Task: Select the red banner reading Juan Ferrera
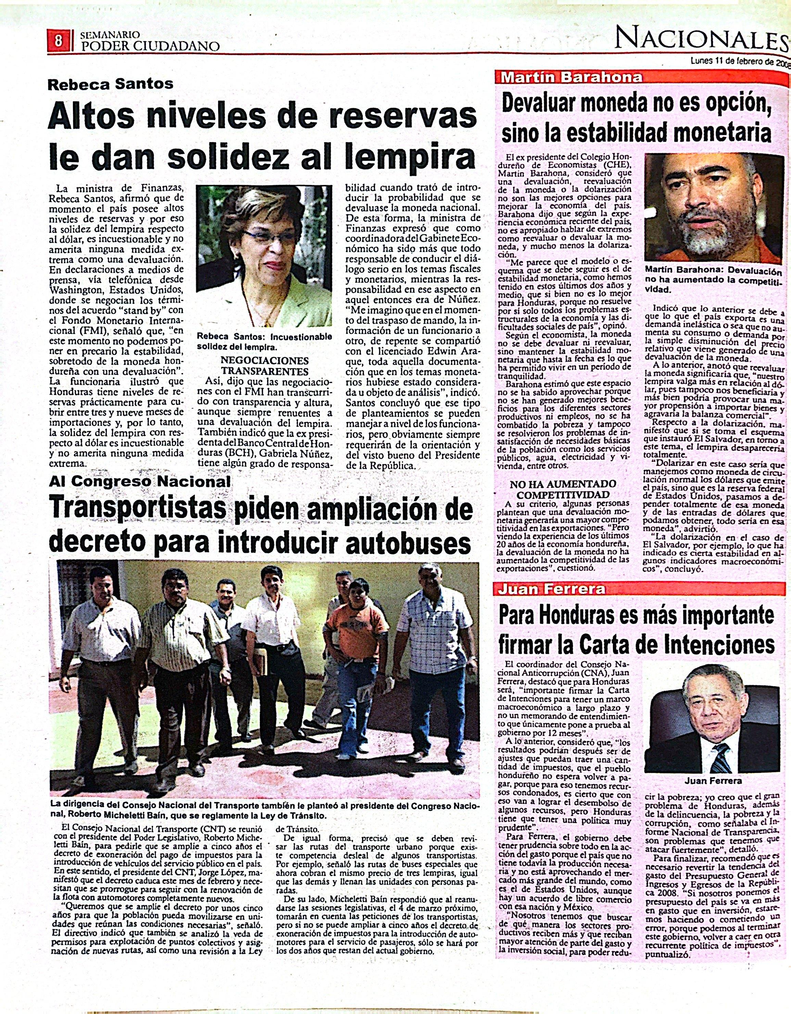click(x=552, y=590)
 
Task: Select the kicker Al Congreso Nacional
click(x=140, y=481)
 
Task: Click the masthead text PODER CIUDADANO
click(x=150, y=46)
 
